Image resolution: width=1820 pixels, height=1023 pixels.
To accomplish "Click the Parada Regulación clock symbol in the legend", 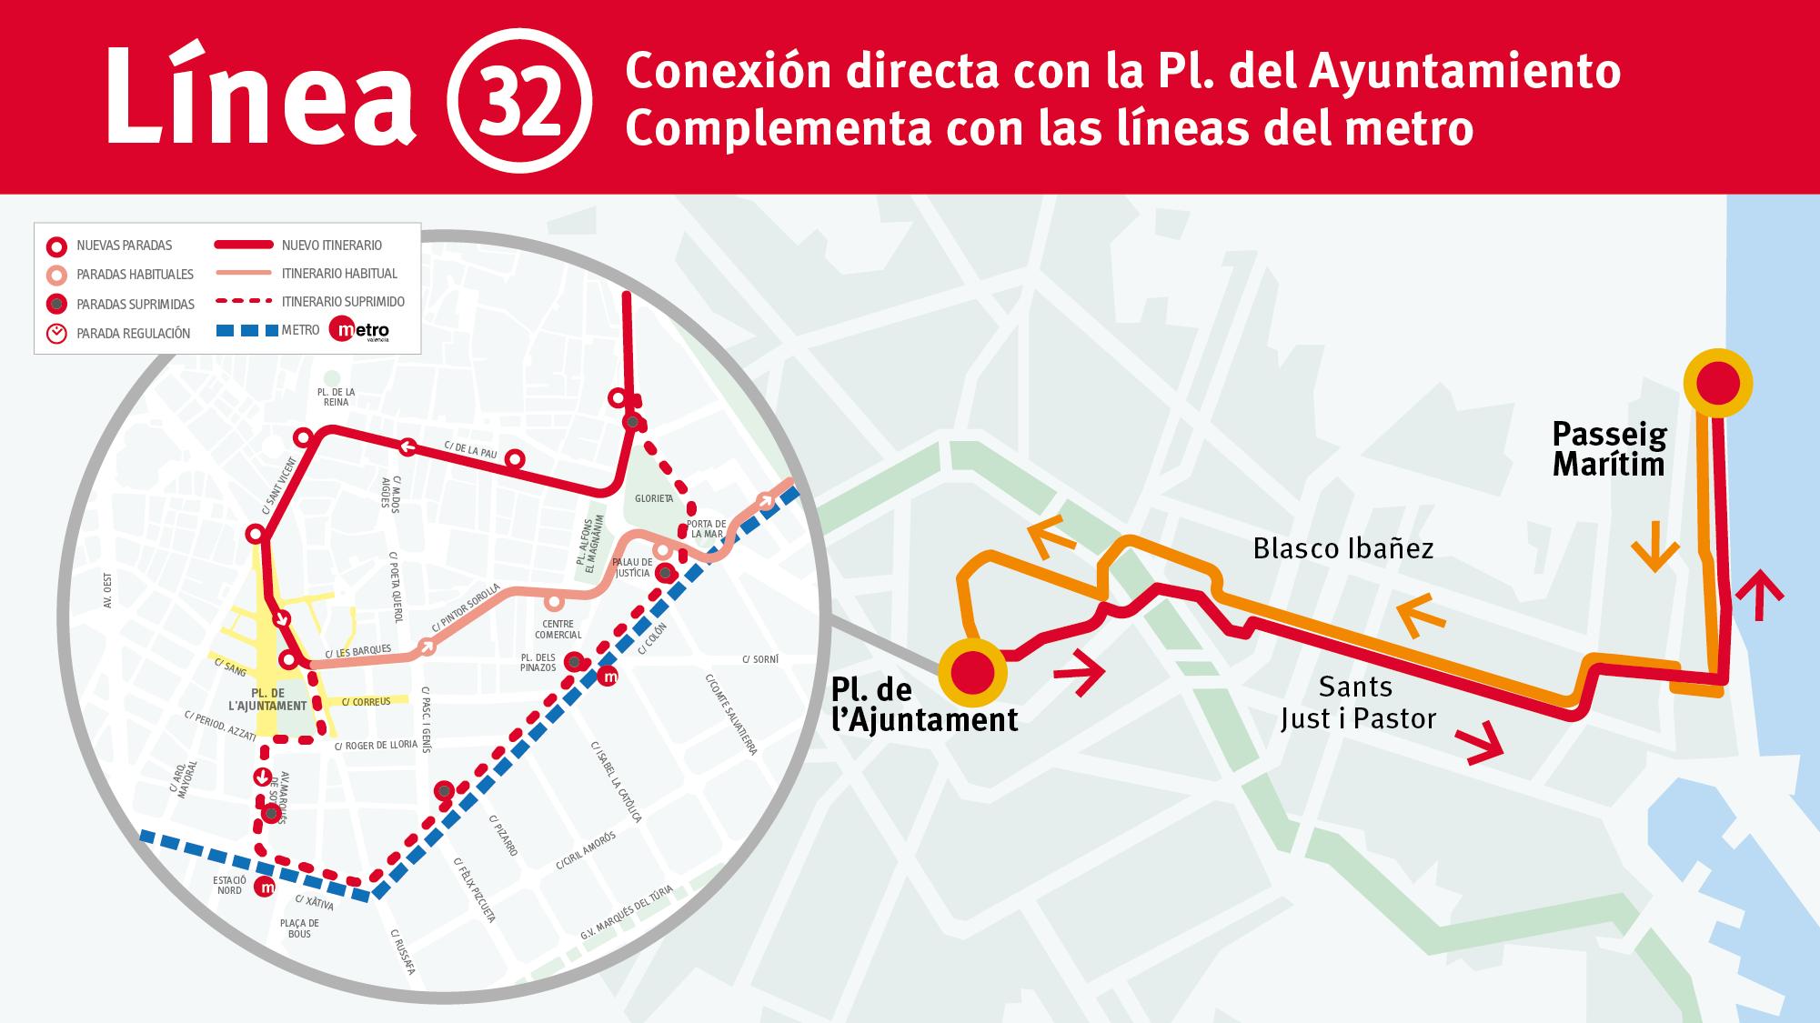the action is [x=57, y=333].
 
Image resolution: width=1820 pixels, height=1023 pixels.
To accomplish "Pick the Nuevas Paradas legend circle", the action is [x=57, y=246].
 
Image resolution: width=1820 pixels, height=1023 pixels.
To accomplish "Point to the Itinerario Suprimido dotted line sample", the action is [x=243, y=302].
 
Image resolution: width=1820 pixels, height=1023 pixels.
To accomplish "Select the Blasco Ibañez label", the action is [x=1342, y=548].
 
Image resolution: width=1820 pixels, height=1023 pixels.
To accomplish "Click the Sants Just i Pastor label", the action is [x=1358, y=702].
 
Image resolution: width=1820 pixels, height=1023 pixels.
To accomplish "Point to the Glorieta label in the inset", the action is [x=654, y=499].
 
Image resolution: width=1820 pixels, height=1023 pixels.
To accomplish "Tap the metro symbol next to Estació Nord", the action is [x=266, y=888].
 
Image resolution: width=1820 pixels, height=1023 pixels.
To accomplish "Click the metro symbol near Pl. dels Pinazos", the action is [x=609, y=677].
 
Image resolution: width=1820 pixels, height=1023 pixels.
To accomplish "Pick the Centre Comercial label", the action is [x=558, y=629].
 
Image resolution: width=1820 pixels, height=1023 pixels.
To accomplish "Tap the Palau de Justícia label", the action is [x=631, y=567].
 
